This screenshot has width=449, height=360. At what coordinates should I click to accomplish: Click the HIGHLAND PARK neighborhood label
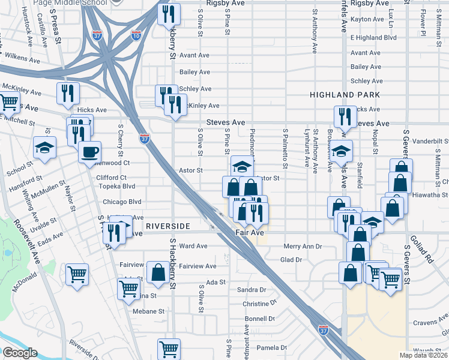point(345,95)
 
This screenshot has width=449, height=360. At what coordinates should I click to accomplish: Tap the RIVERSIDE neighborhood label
point(167,226)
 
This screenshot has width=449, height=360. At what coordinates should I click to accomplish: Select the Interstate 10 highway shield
point(135,34)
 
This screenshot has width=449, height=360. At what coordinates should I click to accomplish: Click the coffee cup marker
point(89,151)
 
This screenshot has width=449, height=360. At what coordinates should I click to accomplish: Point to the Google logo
point(20,353)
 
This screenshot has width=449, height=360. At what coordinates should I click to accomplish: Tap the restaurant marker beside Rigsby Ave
point(169,14)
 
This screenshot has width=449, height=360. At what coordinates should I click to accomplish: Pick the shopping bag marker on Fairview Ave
point(157,272)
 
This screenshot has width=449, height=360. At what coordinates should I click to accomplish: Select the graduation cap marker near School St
point(44,148)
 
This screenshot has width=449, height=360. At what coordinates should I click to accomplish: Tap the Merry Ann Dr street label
point(303,246)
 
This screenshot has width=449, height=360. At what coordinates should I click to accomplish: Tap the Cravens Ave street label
point(426,323)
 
